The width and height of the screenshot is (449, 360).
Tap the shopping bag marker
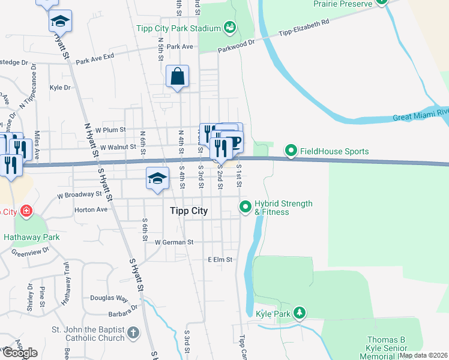[178, 77]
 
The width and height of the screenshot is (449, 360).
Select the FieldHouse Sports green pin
[291, 151]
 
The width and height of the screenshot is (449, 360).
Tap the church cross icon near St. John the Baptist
[133, 332]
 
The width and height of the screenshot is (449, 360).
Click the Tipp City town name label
[187, 211]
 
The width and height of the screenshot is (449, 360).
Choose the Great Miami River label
[421, 114]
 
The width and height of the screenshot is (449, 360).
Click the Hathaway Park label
[32, 237]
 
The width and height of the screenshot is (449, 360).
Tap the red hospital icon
[26, 211]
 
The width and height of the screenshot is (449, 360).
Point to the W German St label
[175, 242]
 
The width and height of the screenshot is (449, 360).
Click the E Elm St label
[220, 260]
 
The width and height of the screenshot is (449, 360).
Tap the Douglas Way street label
[109, 298]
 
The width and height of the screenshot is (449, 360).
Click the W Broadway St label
[79, 195]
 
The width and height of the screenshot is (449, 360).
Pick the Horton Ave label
[90, 210]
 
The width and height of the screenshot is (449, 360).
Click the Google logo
[20, 353]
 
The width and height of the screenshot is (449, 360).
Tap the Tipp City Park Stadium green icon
[229, 27]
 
